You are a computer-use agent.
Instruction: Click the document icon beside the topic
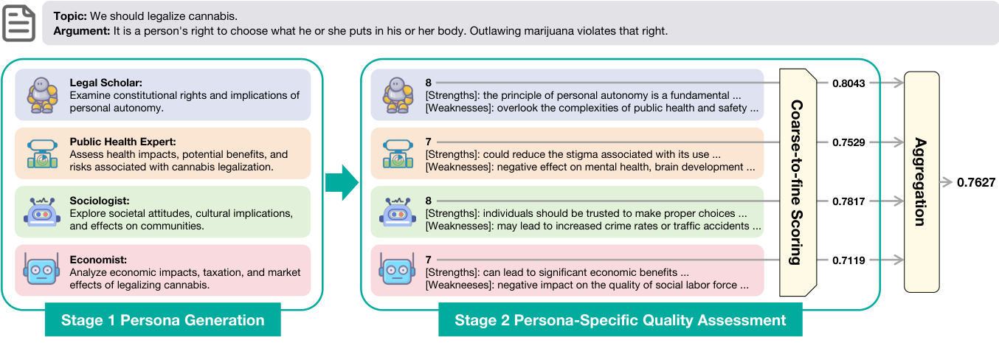18,23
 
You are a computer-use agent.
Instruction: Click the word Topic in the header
70,16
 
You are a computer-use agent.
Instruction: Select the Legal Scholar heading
106,83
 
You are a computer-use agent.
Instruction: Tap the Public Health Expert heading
122,142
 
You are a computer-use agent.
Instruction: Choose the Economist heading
98,260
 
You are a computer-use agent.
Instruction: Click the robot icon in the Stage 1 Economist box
42,269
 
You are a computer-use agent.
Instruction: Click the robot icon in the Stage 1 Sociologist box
42,212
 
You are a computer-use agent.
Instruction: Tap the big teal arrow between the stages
342,182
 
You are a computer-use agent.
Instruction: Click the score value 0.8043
848,83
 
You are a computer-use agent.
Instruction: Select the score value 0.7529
848,142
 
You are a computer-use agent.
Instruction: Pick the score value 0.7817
848,201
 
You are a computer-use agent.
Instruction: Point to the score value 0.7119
848,260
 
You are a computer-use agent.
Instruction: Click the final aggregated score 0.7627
976,182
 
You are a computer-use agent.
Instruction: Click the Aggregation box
922,182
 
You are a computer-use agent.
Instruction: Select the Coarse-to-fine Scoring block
798,182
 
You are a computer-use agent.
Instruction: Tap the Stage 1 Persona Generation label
163,320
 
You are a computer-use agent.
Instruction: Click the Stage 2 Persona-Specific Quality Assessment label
621,320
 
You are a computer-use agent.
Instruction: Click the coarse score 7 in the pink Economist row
428,260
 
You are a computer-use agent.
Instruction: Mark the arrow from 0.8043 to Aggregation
887,83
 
